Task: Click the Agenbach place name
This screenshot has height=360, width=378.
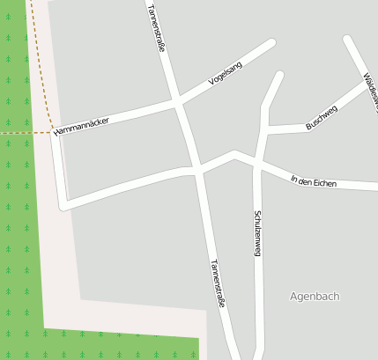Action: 315,297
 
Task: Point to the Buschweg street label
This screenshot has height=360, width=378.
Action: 321,118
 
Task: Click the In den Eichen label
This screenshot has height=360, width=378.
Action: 313,181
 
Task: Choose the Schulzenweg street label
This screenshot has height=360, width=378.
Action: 257,233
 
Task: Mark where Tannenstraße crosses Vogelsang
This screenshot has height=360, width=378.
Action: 179,104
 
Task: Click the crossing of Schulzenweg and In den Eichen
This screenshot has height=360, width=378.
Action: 256,161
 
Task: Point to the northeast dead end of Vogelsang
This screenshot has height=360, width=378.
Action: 271,42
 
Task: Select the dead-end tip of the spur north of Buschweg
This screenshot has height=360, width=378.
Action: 280,76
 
